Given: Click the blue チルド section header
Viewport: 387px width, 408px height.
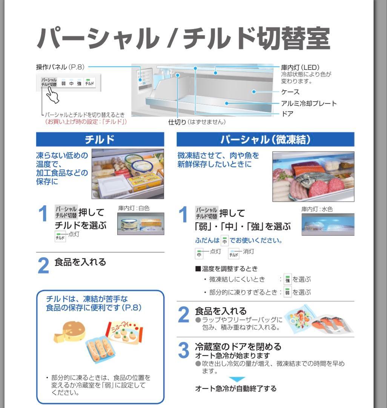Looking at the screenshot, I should click(x=100, y=139).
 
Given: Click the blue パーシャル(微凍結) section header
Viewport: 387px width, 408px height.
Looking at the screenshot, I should click(x=265, y=139).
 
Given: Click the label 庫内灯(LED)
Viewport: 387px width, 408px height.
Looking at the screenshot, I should click(x=300, y=67).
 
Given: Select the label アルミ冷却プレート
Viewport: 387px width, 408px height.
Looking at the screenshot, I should click(x=309, y=103).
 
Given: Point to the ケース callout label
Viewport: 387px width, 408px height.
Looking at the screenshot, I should click(x=290, y=92).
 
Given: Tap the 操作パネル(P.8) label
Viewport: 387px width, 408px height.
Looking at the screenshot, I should click(x=60, y=67).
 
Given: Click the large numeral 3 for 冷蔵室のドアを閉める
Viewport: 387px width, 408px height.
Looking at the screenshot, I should click(x=183, y=351).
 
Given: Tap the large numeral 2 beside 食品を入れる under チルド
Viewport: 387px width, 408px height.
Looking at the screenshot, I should click(x=43, y=266).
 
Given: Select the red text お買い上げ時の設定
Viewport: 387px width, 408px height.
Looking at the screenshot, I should click(x=86, y=122).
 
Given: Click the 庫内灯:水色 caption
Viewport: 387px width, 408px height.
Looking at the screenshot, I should click(x=317, y=209).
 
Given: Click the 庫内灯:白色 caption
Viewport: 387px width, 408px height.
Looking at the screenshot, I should click(x=134, y=208).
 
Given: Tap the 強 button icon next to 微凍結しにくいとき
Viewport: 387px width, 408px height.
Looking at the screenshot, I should click(x=287, y=280).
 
